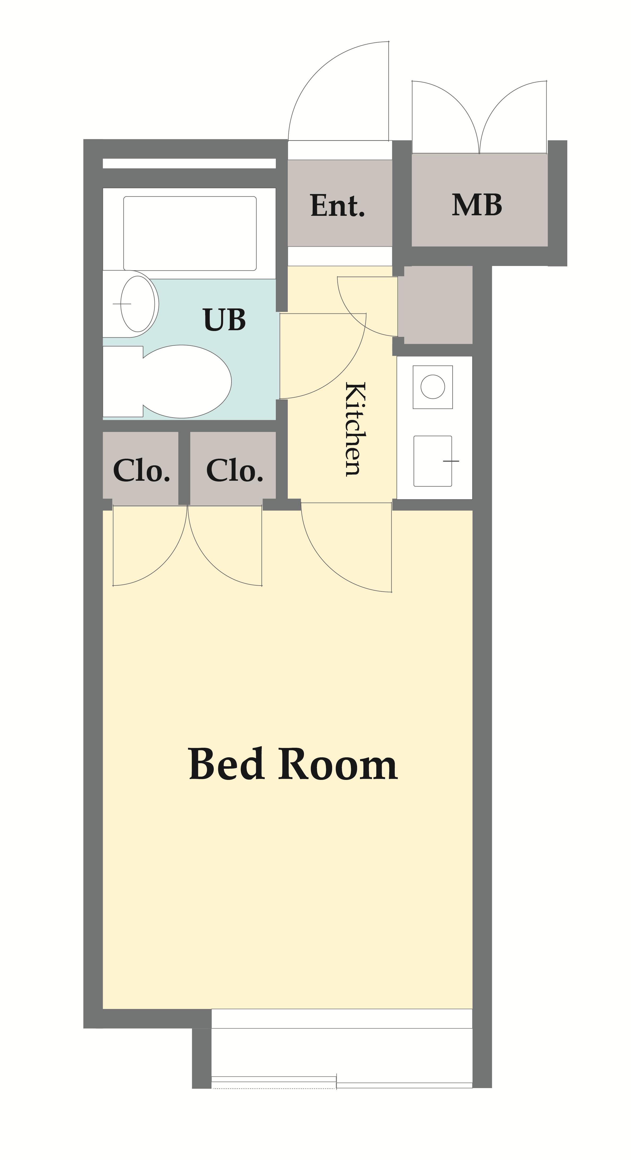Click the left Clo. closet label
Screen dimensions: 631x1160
click(x=141, y=471)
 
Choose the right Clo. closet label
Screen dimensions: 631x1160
click(x=235, y=471)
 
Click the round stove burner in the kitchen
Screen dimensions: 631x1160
click(x=432, y=386)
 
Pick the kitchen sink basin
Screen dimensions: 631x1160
click(x=433, y=461)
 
